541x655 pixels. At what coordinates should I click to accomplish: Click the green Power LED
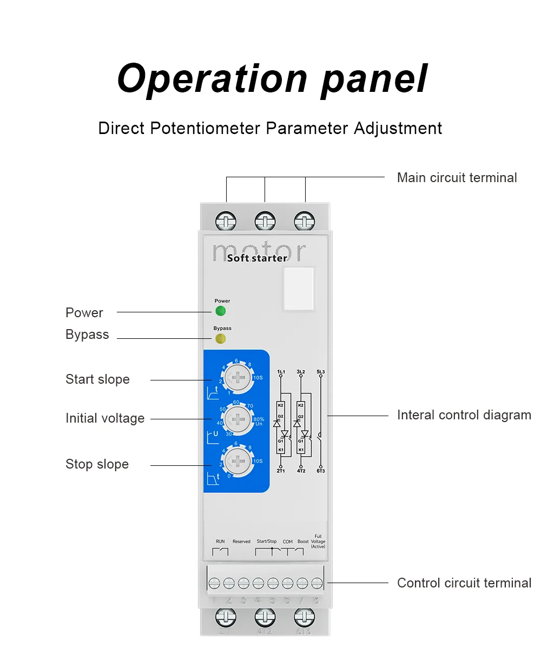220,311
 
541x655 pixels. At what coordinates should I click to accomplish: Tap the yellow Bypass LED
220,339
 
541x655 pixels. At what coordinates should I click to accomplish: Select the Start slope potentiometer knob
238,377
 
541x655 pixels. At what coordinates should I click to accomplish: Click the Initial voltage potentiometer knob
238,419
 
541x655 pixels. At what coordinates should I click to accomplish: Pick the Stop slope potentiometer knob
238,461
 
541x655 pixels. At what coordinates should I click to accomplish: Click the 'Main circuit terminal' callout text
457,178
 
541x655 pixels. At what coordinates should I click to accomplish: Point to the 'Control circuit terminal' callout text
464,583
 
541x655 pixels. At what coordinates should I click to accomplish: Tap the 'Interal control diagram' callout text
464,415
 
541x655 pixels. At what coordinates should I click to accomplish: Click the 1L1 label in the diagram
281,372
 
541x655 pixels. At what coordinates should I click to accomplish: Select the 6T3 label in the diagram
321,471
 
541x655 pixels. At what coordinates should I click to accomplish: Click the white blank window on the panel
298,289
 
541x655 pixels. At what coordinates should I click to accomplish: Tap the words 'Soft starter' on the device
257,258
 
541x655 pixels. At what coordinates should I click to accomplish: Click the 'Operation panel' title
272,79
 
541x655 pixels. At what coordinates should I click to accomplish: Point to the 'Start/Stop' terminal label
267,541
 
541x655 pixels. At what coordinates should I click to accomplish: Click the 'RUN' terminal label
220,541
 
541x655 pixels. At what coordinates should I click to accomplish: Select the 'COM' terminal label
288,542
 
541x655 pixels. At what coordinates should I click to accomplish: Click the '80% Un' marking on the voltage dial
259,422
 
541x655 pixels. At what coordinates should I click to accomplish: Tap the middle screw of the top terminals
265,222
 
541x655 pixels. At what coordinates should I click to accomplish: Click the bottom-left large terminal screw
226,617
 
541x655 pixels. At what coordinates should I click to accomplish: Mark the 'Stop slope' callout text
97,464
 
